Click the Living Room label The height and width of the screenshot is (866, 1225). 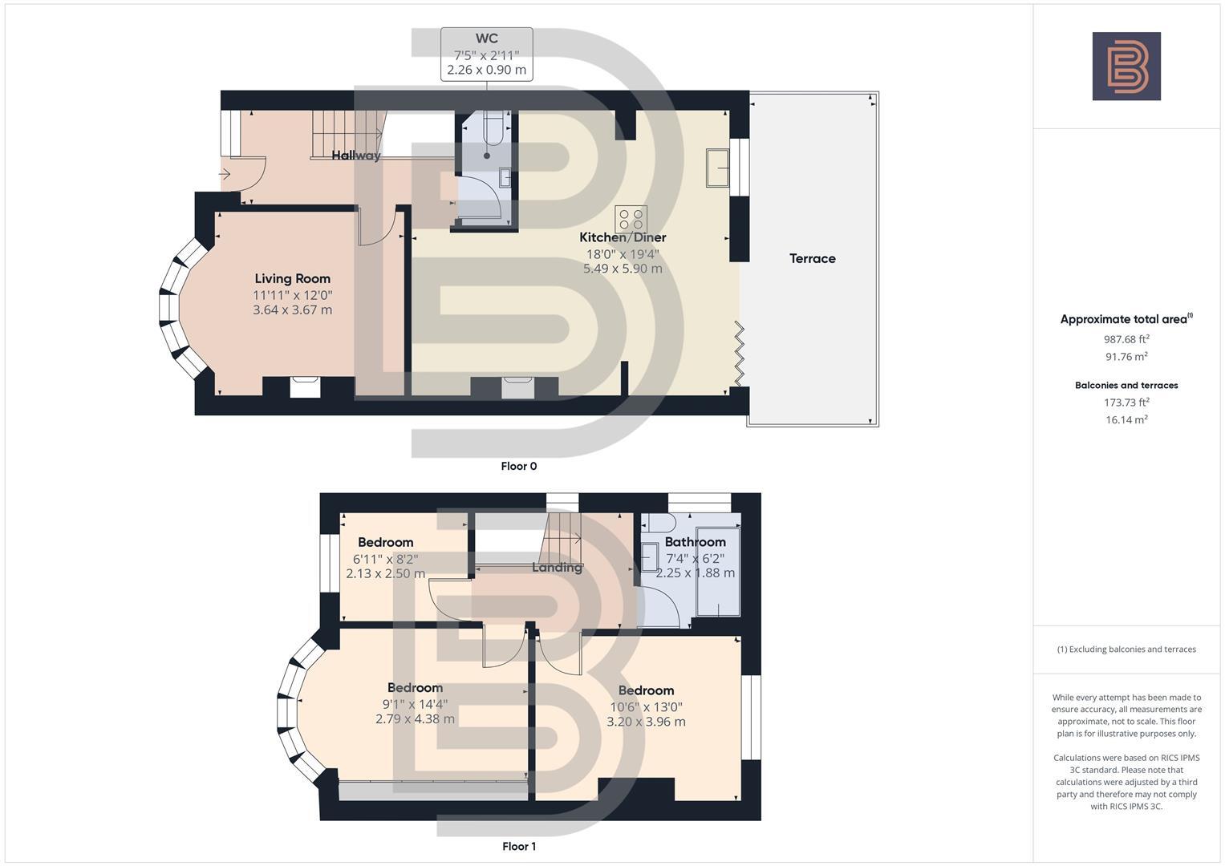(x=292, y=279)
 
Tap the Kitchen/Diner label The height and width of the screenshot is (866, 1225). (x=623, y=237)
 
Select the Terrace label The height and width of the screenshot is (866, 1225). (x=812, y=258)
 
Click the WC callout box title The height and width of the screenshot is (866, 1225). (x=486, y=38)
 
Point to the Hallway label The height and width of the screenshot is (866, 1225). (x=356, y=156)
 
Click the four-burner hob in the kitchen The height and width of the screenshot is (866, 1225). (x=631, y=220)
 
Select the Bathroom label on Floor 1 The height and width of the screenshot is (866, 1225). (x=695, y=542)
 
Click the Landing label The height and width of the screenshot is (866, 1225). (x=557, y=568)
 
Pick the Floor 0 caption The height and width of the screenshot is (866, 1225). (x=518, y=466)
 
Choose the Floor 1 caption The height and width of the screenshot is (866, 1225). (x=518, y=846)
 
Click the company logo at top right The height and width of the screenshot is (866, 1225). (x=1126, y=67)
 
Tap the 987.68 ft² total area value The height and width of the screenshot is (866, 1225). (x=1126, y=339)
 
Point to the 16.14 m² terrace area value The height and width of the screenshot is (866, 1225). (x=1126, y=419)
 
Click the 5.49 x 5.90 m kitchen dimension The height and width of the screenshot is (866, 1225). (x=623, y=269)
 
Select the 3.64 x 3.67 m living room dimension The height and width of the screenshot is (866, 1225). (x=292, y=310)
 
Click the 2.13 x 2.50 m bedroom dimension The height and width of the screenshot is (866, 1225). (x=385, y=573)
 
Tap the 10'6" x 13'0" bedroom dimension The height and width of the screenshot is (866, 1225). (x=646, y=706)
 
